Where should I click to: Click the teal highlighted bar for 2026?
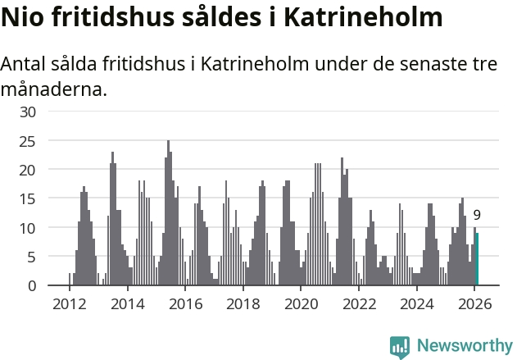pyautogui.click(x=477, y=259)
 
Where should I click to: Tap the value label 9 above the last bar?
pyautogui.click(x=477, y=216)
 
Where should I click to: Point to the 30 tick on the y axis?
pyautogui.click(x=29, y=112)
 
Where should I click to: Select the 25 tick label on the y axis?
pyautogui.click(x=29, y=141)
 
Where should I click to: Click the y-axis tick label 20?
pyautogui.click(x=29, y=170)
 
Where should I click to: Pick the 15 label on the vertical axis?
pyautogui.click(x=29, y=198)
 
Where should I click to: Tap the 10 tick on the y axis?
pyautogui.click(x=29, y=228)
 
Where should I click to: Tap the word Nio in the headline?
pyautogui.click(x=25, y=18)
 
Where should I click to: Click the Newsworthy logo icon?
pyautogui.click(x=400, y=346)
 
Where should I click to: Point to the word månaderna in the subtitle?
pyautogui.click(x=54, y=89)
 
